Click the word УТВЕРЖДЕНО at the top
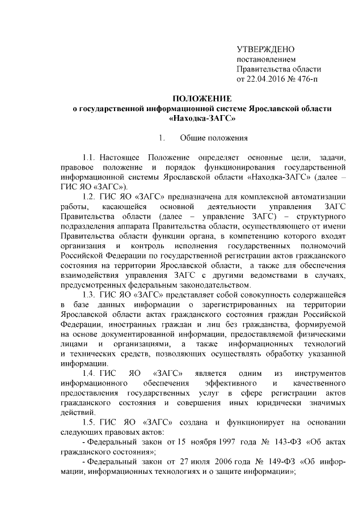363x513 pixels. coord(265,49)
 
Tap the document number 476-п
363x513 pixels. coord(305,78)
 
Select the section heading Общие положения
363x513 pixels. coord(214,138)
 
